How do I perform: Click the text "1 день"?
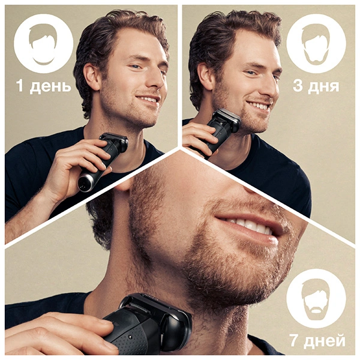pyautogui.click(x=43, y=86)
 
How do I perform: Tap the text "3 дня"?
pyautogui.click(x=316, y=86)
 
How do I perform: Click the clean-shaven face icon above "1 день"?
pyautogui.click(x=43, y=44)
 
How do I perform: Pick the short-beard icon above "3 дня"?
pyautogui.click(x=316, y=44)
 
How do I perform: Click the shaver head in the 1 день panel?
pyautogui.click(x=114, y=140)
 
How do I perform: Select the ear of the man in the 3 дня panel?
pyautogui.click(x=205, y=76)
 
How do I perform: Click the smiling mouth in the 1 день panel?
pyautogui.click(x=149, y=100)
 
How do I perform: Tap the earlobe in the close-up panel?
pyautogui.click(x=126, y=187)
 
